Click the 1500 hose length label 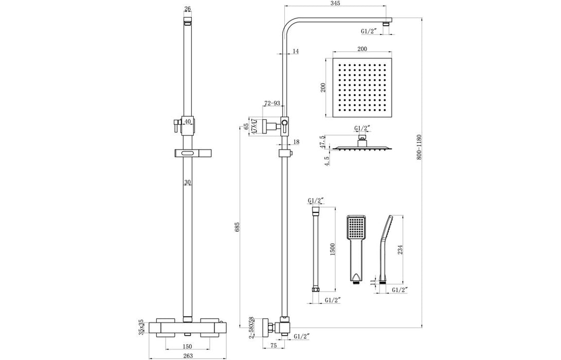click(333, 249)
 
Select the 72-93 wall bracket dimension click(272, 103)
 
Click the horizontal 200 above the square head click(361, 48)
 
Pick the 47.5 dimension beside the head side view click(322, 142)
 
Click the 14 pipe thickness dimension click(295, 51)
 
